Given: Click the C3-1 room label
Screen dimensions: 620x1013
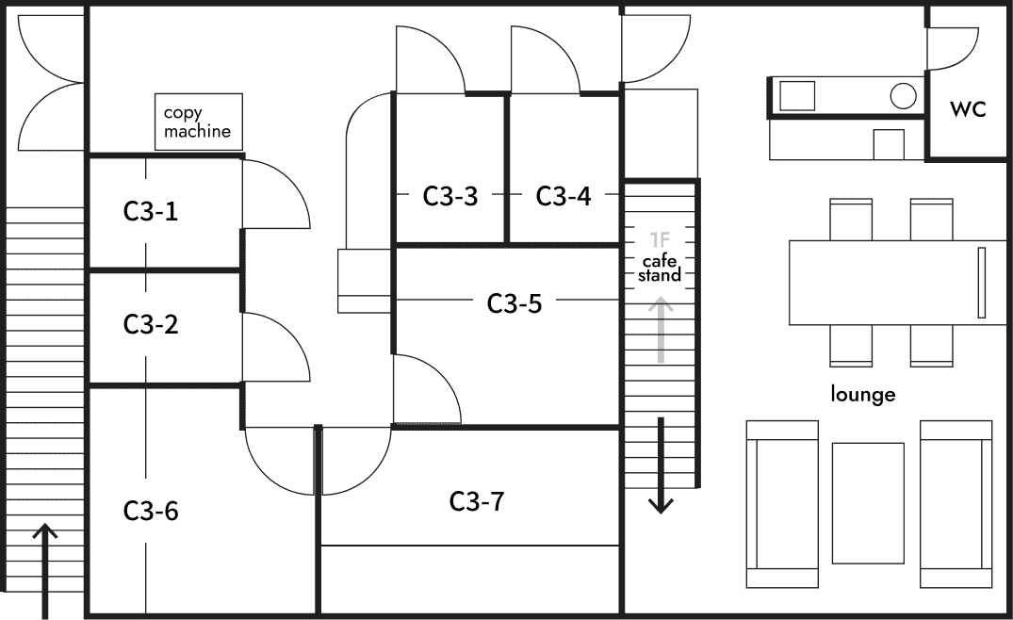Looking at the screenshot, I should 151,212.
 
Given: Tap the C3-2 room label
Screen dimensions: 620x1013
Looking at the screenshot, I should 151,325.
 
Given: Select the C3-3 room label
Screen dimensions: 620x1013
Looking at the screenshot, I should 449,196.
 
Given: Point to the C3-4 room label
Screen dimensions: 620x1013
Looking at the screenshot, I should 564,196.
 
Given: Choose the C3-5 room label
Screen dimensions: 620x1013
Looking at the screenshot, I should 515,303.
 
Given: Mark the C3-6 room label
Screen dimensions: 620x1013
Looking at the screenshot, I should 151,511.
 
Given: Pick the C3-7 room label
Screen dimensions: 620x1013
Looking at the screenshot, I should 477,501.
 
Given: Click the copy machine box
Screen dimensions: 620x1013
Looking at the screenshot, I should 199,122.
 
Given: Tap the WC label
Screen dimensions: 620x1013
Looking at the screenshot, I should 967,109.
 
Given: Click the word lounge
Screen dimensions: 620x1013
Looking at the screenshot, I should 863,394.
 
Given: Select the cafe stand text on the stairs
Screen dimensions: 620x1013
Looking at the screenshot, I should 660,269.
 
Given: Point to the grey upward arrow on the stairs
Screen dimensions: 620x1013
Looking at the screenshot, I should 662,330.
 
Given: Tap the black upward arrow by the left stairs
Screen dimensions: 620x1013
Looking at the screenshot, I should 44,565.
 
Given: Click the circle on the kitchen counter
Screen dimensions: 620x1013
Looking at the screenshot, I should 904,95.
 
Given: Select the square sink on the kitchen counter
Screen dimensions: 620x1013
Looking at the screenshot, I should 796,95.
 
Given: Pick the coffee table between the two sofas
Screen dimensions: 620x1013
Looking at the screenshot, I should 868,502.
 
